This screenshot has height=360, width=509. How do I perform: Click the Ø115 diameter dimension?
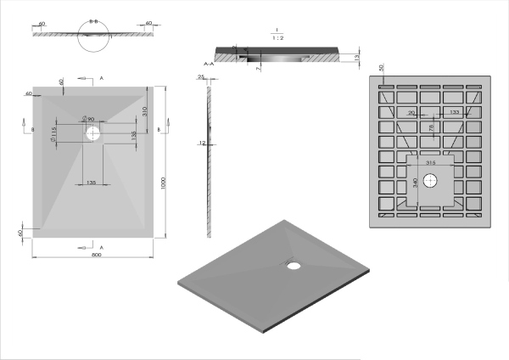click(53, 133)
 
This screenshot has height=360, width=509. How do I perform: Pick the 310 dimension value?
click(146, 111)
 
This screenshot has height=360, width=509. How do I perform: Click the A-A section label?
click(208, 65)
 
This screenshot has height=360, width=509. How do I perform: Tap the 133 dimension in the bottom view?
click(456, 112)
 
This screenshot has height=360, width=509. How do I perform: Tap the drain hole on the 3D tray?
click(294, 263)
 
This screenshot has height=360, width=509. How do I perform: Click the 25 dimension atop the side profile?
click(201, 76)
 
